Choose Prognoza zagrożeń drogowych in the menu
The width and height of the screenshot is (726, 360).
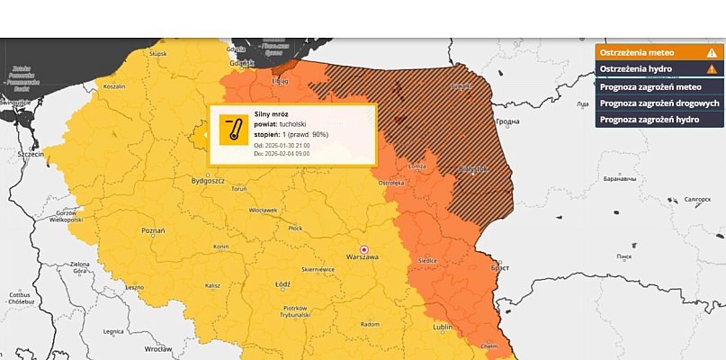659,103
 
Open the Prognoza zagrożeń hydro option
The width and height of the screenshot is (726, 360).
650,119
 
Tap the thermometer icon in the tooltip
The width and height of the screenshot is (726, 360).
234,130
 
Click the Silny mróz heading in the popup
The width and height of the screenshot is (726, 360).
271,116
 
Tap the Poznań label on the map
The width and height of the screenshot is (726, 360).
152,231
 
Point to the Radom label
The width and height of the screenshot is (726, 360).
370,323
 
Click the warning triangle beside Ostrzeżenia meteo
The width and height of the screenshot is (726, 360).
712,53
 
